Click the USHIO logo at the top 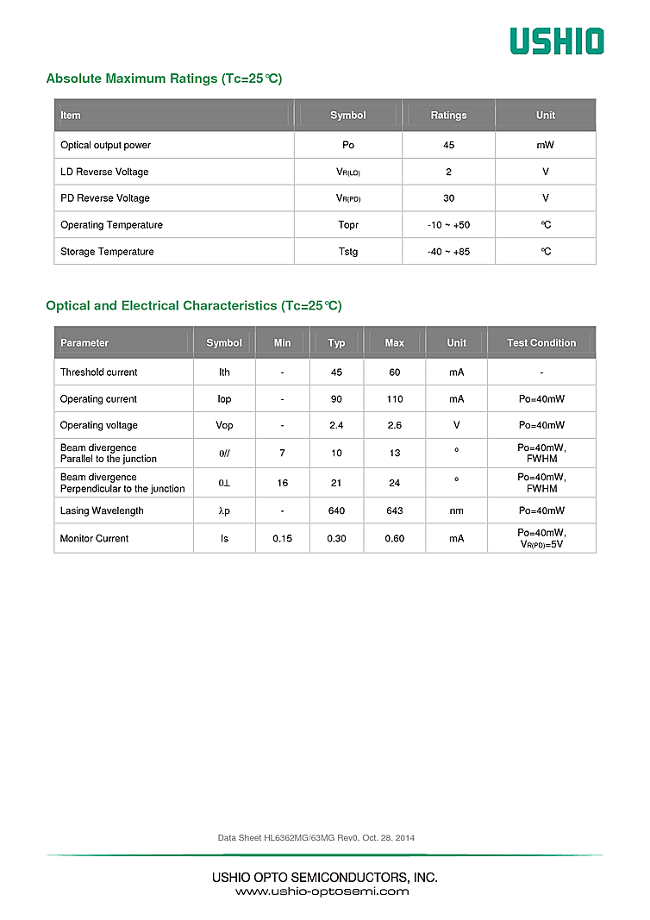point(556,41)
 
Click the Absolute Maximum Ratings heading point(164,78)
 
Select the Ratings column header point(448,116)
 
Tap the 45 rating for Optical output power point(448,145)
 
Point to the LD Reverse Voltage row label point(104,172)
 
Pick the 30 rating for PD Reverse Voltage point(448,198)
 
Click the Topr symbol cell point(348,225)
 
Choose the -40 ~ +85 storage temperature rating point(448,252)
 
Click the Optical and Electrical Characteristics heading point(193,306)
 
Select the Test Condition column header point(541,343)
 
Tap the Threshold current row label point(98,372)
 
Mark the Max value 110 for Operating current point(395,399)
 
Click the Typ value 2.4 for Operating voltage point(336,425)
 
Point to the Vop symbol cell point(224,425)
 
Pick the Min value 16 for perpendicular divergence point(283,483)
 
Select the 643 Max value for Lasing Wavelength point(395,510)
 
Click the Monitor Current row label point(94,538)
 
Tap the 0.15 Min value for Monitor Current point(283,538)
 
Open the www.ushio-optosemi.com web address point(322,892)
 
